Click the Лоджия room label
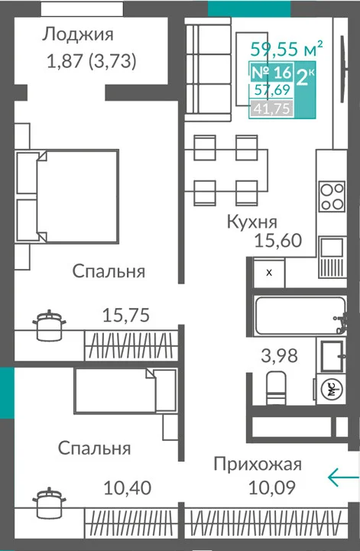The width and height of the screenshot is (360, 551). tap(78, 35)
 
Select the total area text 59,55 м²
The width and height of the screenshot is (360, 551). tap(287, 48)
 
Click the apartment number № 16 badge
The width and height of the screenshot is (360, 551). tap(271, 73)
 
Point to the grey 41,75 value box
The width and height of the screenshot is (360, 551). tap(271, 109)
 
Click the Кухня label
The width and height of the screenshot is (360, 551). tap(251, 222)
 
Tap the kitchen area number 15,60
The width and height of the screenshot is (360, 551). tap(278, 241)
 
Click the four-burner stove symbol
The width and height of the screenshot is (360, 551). tap(332, 196)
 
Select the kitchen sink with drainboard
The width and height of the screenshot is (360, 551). tap(332, 258)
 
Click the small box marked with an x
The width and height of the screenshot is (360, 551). tap(269, 273)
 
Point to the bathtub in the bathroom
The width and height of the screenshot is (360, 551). tap(300, 316)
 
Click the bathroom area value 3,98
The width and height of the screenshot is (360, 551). tap(279, 355)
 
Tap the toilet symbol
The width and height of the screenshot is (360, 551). tap(276, 388)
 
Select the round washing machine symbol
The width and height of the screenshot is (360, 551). tap(332, 389)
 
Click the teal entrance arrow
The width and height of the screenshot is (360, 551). tap(343, 477)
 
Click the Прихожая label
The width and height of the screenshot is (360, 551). tap(258, 465)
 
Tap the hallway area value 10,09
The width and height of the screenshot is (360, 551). tap(272, 488)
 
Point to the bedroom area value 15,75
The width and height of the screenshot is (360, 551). tap(126, 315)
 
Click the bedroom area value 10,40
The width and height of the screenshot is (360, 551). tap(128, 488)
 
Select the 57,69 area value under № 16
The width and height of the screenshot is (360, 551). tap(272, 90)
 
